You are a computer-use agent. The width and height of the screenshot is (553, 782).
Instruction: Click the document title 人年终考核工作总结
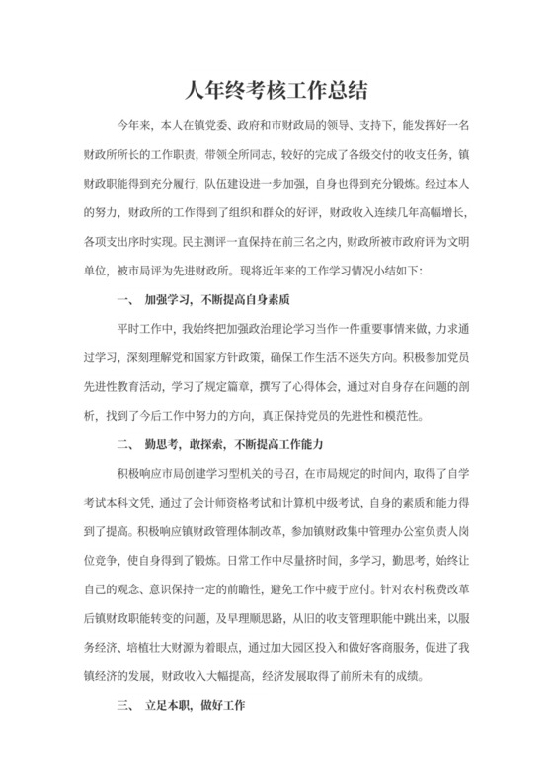[276, 91]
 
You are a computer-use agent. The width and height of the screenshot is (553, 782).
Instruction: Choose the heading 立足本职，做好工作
[200, 706]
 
